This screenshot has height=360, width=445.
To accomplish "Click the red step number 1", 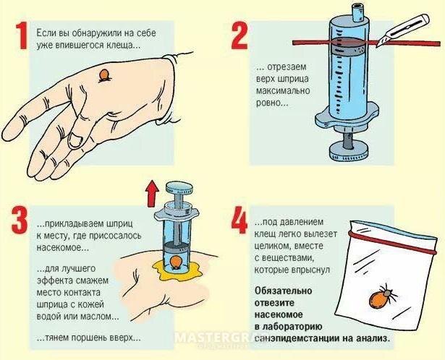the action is coord(21,36).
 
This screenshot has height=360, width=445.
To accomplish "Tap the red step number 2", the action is coord(240,36).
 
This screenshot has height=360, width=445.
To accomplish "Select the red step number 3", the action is coord(20,220).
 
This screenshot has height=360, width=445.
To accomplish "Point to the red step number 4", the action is coord(240,220).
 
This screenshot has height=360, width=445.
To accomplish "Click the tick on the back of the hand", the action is coord(104,76).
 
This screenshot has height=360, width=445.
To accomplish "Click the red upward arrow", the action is coord(153,194).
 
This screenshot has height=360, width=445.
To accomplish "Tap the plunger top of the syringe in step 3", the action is coord(179,187).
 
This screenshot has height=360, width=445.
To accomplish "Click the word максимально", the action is coord(283,90).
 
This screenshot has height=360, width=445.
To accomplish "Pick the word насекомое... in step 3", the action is coord(63,248).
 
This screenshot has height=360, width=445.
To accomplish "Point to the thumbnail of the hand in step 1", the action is coord(75,140).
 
